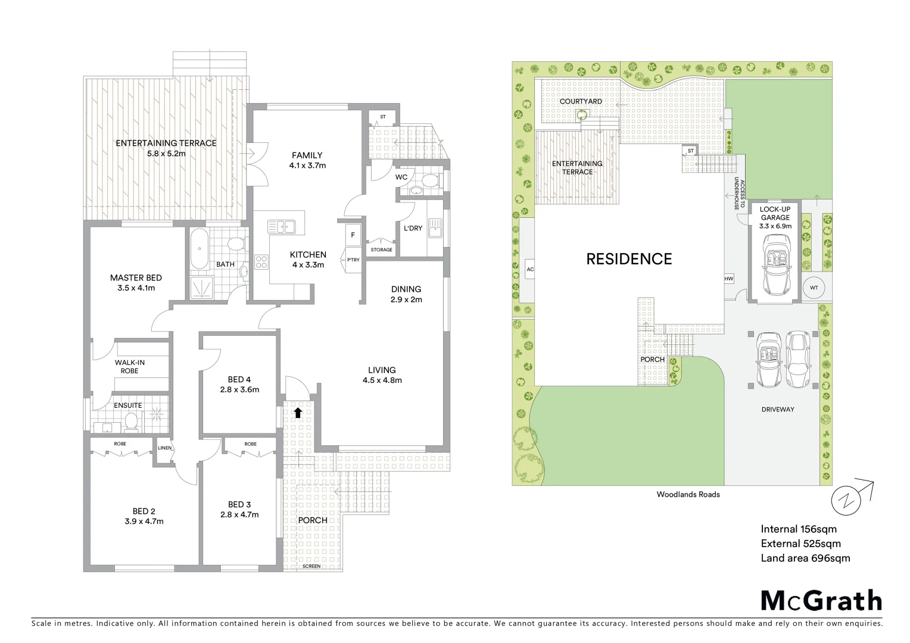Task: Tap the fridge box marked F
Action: pyautogui.click(x=353, y=235)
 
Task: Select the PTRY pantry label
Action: pyautogui.click(x=353, y=260)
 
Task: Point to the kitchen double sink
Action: pyautogui.click(x=281, y=226)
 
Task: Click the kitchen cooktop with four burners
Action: pyautogui.click(x=261, y=262)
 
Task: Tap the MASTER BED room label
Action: pyautogui.click(x=136, y=277)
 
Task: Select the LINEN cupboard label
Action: pyautogui.click(x=164, y=448)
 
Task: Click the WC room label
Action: pyautogui.click(x=401, y=177)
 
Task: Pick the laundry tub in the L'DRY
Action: pyautogui.click(x=436, y=228)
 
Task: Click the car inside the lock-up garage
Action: pyautogui.click(x=775, y=264)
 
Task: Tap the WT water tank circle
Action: pyautogui.click(x=814, y=288)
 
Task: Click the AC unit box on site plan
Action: pyautogui.click(x=530, y=269)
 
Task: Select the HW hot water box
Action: pyautogui.click(x=728, y=279)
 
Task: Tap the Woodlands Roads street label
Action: pyautogui.click(x=688, y=494)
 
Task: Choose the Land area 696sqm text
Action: pyautogui.click(x=805, y=558)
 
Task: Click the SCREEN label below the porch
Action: pyautogui.click(x=311, y=566)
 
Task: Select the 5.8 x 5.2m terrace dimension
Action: pyautogui.click(x=166, y=154)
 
